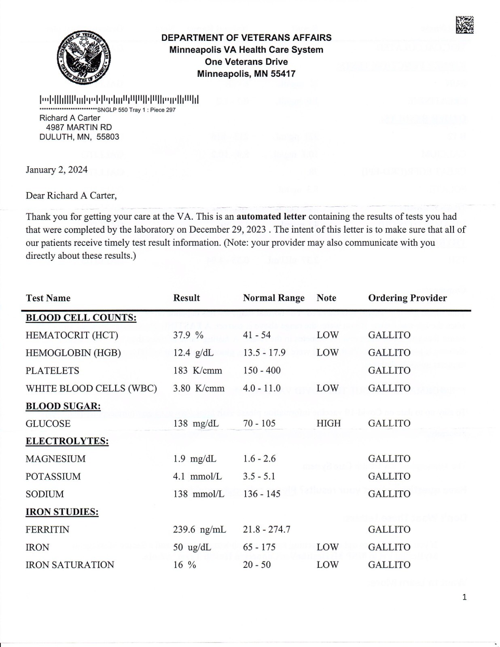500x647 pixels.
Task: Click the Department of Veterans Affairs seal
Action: (84, 57)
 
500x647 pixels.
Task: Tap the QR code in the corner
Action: (464, 25)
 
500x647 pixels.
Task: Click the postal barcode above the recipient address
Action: (119, 99)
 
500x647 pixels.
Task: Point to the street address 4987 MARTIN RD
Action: (79, 127)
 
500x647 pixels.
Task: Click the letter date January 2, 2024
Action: (57, 170)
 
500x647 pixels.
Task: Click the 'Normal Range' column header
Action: (273, 298)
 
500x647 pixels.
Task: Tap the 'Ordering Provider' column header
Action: (407, 298)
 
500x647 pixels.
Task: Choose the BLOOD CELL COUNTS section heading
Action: (81, 318)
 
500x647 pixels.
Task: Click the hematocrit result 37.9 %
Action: (188, 335)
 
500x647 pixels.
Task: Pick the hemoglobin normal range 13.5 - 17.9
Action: (264, 353)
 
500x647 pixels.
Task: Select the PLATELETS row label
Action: (52, 371)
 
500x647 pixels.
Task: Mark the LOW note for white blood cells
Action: (327, 388)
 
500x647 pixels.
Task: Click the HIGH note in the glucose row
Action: (328, 423)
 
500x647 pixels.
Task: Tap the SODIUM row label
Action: (44, 494)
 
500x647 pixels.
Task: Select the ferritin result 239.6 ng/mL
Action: (199, 530)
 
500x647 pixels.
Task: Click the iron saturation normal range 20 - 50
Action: (257, 565)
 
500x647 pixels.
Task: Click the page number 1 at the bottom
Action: (464, 597)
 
